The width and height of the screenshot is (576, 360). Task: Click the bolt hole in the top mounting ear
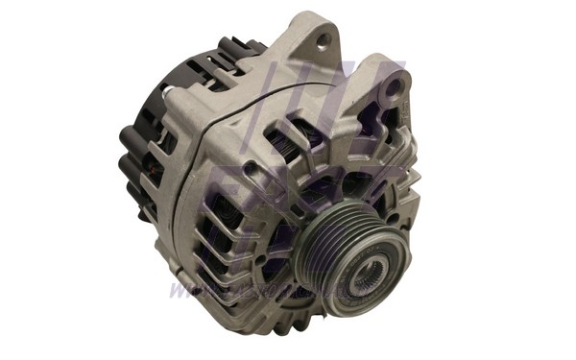(x=324, y=39)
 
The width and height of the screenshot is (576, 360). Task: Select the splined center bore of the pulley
(x=367, y=279)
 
